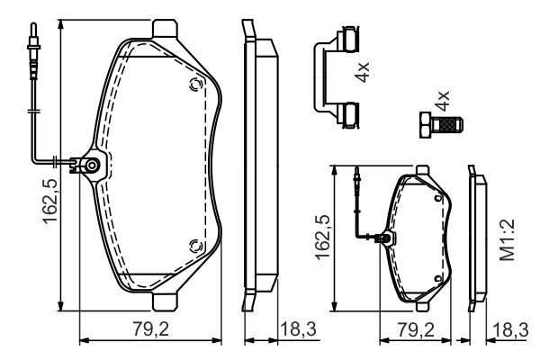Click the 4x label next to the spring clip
coord(362,73)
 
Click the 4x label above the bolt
coord(442,100)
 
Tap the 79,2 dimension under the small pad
coord(417,330)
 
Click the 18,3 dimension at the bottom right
coord(511,330)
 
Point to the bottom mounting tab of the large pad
coord(165,300)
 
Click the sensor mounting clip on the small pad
coord(386,239)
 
